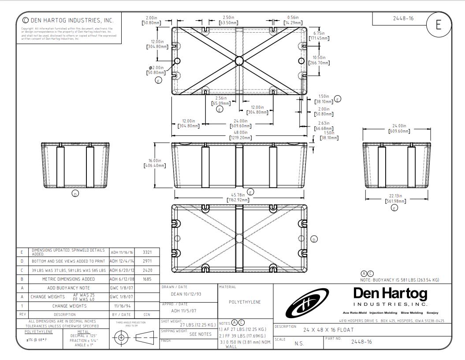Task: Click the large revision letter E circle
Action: click(x=438, y=25)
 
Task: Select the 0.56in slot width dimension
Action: click(x=293, y=20)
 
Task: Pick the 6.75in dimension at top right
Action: click(x=319, y=36)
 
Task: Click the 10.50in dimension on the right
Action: click(x=319, y=60)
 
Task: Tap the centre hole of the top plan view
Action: click(x=239, y=60)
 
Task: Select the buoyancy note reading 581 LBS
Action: click(x=399, y=280)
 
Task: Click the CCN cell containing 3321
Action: click(x=147, y=252)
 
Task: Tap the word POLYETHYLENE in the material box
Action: click(x=245, y=302)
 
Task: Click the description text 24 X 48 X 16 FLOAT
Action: click(x=328, y=330)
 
